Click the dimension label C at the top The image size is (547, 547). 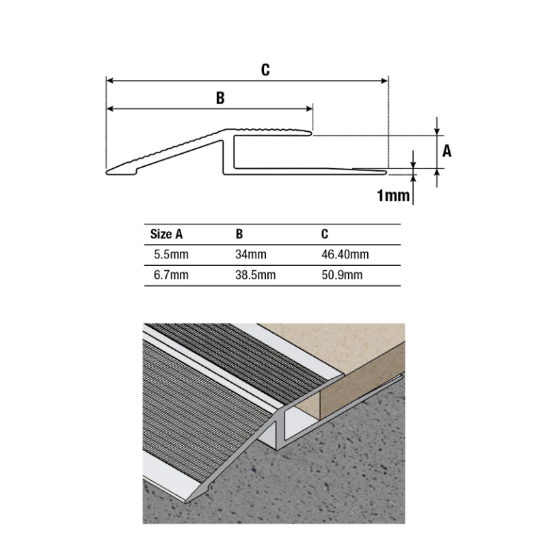[265, 69]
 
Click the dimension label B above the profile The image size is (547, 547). [220, 98]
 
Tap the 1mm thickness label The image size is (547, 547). [392, 197]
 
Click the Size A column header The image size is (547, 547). [166, 234]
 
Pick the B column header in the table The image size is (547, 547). [239, 234]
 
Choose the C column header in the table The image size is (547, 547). [325, 234]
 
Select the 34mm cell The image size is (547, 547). [251, 255]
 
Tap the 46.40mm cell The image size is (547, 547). [345, 255]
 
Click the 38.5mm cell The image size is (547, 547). [255, 276]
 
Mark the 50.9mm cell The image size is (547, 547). [341, 276]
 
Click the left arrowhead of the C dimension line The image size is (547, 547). [109, 81]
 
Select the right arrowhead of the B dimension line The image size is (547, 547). [309, 109]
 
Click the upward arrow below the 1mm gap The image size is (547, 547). [414, 180]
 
